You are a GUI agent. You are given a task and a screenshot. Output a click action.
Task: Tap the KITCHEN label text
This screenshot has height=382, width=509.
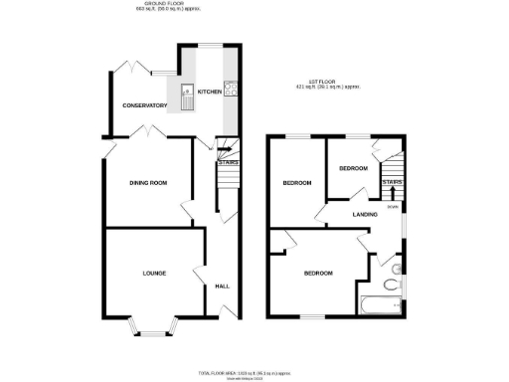click(x=210, y=92)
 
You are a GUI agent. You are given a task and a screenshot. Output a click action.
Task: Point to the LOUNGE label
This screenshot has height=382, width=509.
click(x=153, y=273)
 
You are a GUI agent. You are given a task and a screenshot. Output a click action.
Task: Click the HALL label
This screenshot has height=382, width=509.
click(x=223, y=286)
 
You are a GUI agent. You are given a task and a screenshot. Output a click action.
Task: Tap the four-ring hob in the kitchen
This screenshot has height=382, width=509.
click(x=231, y=88)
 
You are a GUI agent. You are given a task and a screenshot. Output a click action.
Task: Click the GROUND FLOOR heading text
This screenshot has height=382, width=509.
click(x=159, y=5)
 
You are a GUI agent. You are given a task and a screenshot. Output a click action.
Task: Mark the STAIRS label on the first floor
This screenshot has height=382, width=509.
click(x=392, y=183)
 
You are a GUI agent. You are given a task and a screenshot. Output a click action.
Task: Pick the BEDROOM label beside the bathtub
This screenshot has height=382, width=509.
click(x=318, y=273)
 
